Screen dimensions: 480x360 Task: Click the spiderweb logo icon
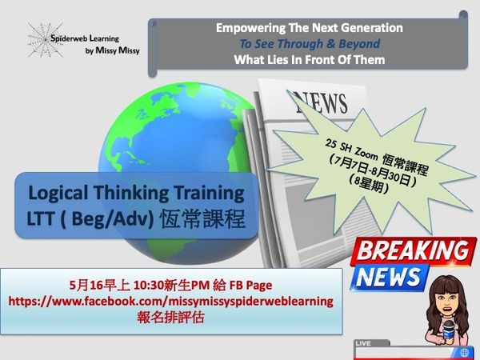(x=46, y=39)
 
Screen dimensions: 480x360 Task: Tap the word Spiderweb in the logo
(x=70, y=38)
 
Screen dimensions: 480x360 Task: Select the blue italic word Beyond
(x=359, y=43)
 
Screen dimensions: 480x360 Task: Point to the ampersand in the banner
(x=330, y=43)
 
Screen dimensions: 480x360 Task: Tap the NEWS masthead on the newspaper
(x=321, y=102)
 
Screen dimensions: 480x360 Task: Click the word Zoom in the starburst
(x=366, y=154)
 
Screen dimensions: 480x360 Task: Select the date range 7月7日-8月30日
(x=373, y=172)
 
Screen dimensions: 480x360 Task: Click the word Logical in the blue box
(x=58, y=194)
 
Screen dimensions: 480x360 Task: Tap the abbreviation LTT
(x=41, y=219)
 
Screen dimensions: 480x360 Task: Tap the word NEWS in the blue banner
(x=388, y=277)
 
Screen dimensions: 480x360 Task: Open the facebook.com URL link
(x=171, y=302)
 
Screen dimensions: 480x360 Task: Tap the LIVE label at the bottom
(x=363, y=343)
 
